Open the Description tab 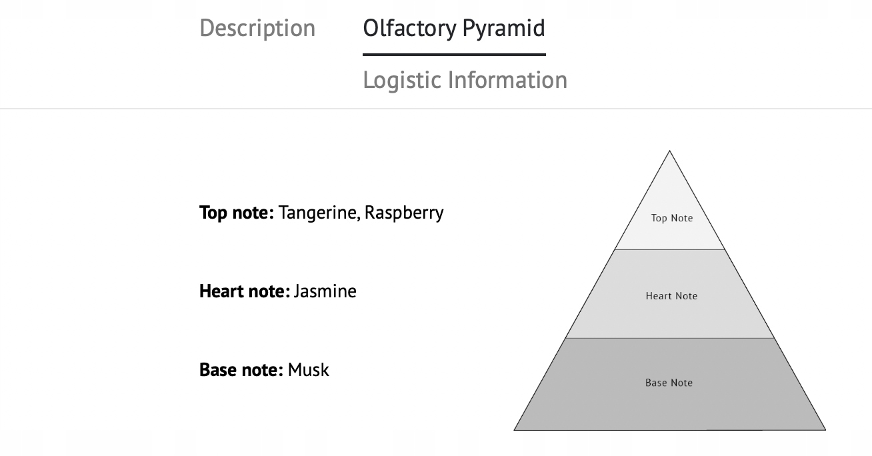coord(257,29)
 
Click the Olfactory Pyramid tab coord(453,29)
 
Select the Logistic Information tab coord(465,80)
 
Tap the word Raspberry coord(403,213)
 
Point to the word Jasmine coord(325,291)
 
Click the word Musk coord(309,370)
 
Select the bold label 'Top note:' coord(237,213)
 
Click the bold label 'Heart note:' coord(245,291)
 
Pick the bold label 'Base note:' coord(242,370)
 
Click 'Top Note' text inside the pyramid coord(672,218)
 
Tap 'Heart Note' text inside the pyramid coord(671,296)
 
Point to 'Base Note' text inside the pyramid coord(669,383)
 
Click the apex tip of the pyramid coord(669,151)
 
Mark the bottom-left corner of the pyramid coord(515,429)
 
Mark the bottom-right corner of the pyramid coord(824,429)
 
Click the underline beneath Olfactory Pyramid coord(453,54)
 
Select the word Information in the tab coord(507,80)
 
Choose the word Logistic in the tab coord(402,80)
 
